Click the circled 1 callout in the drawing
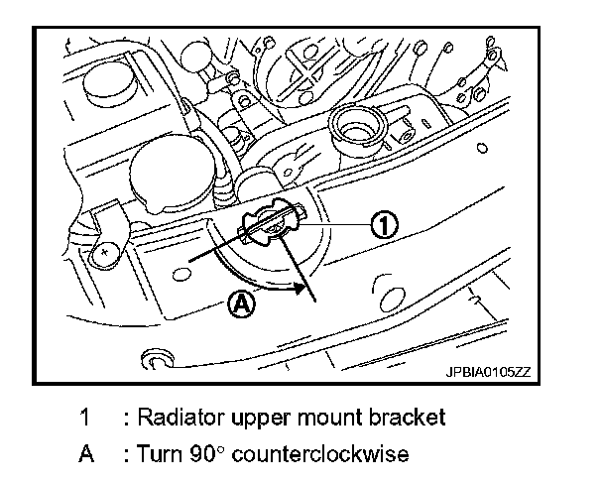pyautogui.click(x=384, y=225)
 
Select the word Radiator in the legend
pyautogui.click(x=175, y=417)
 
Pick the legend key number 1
pyautogui.click(x=85, y=417)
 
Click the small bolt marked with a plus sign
pyautogui.click(x=102, y=253)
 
